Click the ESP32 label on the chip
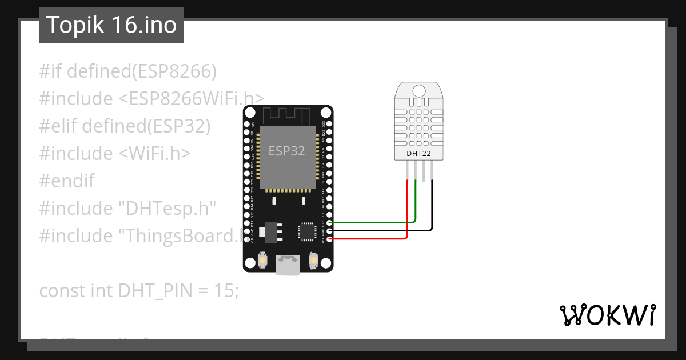[x=286, y=151]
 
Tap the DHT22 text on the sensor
[x=418, y=153]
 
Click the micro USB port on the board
[x=286, y=265]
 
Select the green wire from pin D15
[x=372, y=222]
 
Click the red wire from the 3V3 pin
[x=372, y=238]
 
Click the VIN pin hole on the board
[x=246, y=239]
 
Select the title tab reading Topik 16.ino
[x=111, y=25]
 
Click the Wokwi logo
[x=607, y=315]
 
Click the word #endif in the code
[x=67, y=181]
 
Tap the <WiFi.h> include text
[x=155, y=154]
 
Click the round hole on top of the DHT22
[x=418, y=90]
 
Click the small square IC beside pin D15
[x=306, y=231]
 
